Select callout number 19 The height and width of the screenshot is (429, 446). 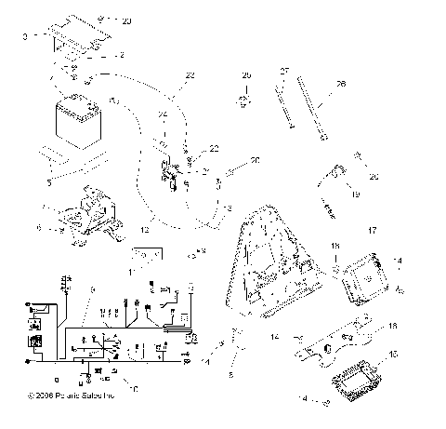click(x=355, y=195)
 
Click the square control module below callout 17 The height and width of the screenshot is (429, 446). click(x=366, y=277)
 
